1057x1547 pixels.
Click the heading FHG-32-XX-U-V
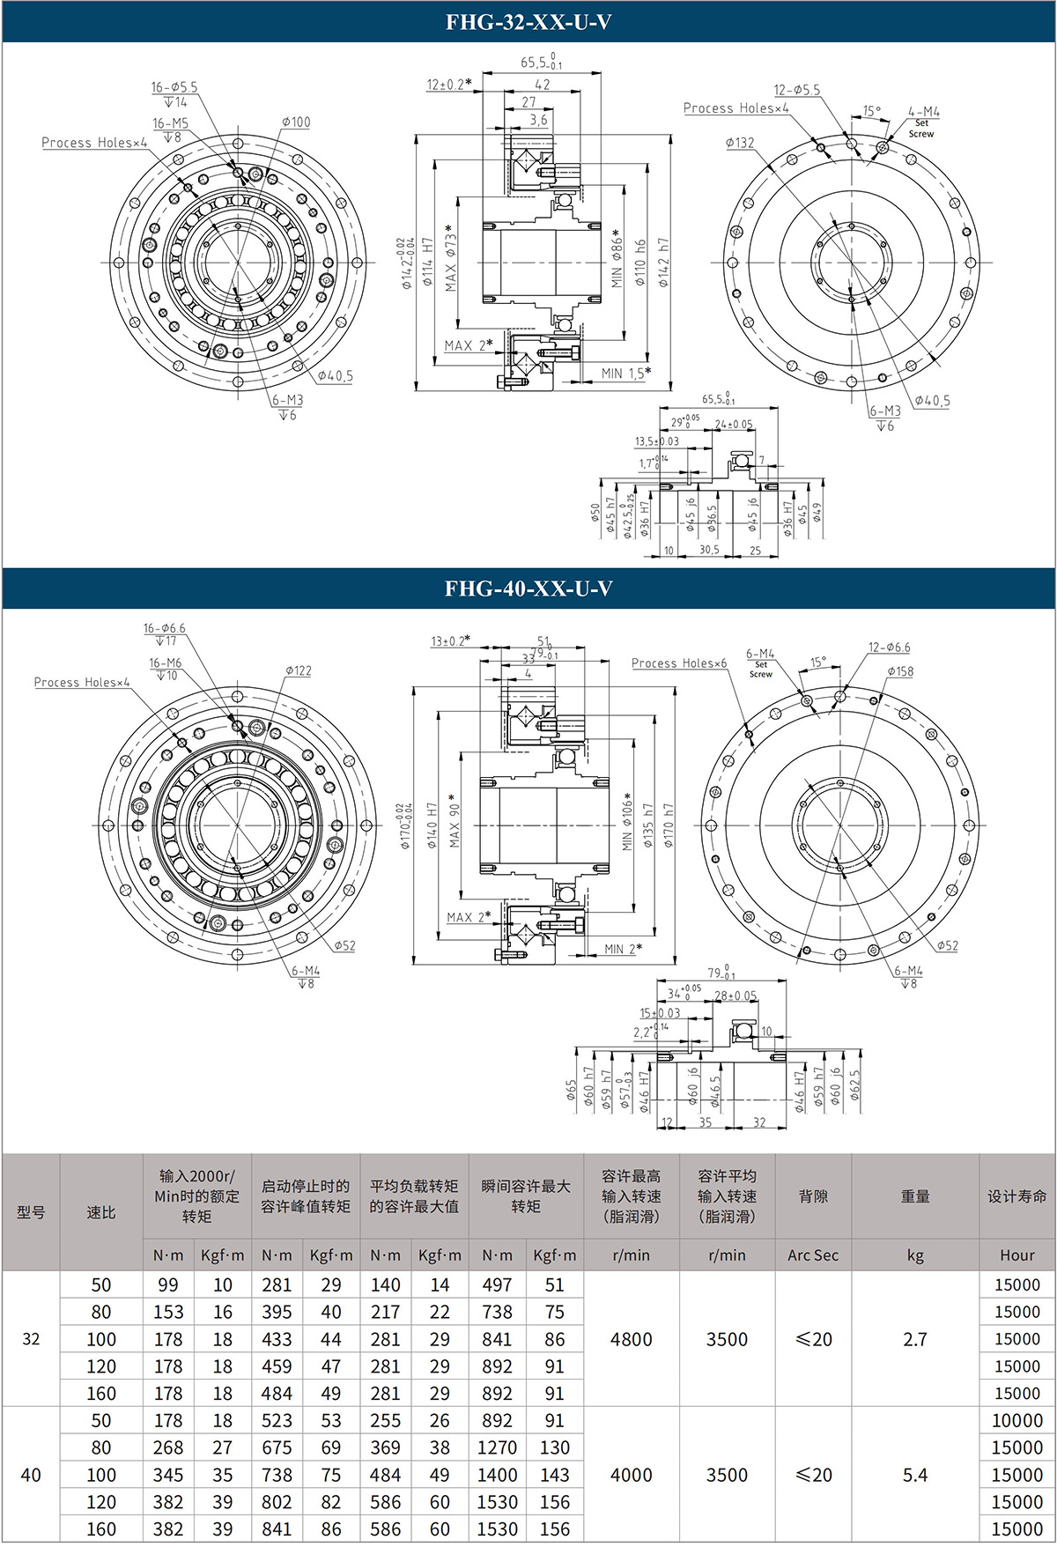[x=528, y=22]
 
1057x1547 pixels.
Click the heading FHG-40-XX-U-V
[x=528, y=588]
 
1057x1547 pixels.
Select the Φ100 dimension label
[x=296, y=122]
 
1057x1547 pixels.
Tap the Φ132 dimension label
[x=740, y=143]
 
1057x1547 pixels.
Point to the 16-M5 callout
[x=170, y=124]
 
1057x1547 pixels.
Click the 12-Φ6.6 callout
[x=890, y=648]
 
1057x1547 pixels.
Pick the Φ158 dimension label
[x=900, y=671]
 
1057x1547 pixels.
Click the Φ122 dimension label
[x=298, y=670]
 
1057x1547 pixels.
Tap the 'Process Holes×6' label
[x=679, y=663]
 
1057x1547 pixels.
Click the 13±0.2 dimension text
[x=450, y=640]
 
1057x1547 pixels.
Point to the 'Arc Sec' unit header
[x=813, y=1255]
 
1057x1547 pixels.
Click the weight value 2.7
[x=915, y=1339]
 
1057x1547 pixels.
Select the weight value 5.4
[x=915, y=1475]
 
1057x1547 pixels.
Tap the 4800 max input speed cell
[x=632, y=1339]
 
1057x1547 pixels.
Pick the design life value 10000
[x=1017, y=1420]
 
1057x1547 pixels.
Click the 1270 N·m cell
[x=497, y=1447]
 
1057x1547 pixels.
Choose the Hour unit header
[x=1017, y=1255]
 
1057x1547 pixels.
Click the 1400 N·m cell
[x=497, y=1475]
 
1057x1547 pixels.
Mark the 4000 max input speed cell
[x=632, y=1475]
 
